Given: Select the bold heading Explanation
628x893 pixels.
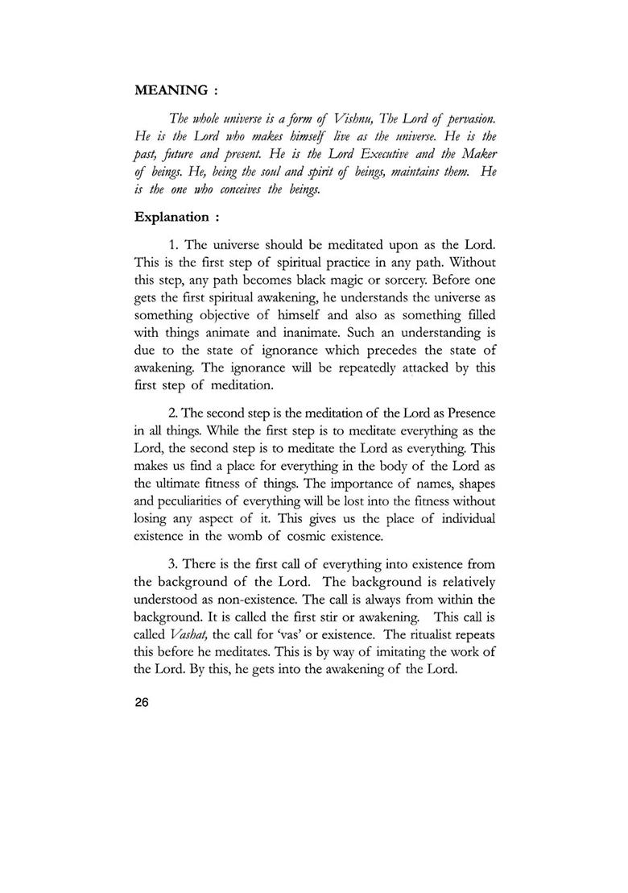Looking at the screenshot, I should point(170,217).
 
